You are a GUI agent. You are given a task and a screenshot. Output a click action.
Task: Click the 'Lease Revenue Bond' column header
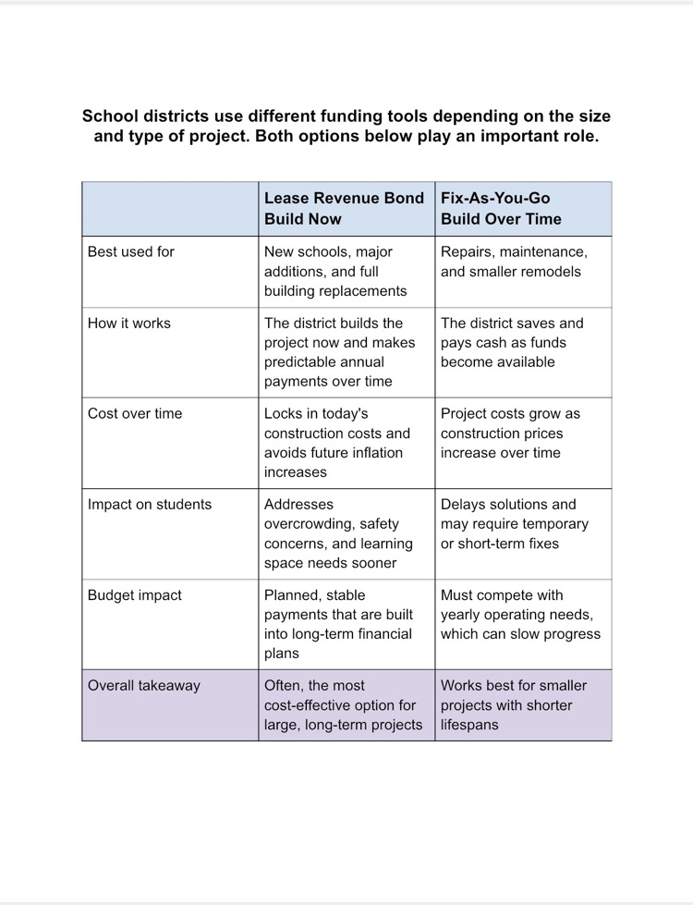pos(344,208)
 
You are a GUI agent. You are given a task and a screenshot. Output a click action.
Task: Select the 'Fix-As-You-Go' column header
pos(501,208)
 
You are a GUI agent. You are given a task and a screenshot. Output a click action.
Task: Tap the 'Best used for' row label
pos(130,251)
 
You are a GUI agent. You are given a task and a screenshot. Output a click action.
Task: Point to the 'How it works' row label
pos(128,324)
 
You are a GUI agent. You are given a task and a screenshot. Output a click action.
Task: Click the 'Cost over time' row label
pos(135,413)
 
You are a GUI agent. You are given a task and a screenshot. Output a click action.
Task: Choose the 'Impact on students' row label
pos(149,505)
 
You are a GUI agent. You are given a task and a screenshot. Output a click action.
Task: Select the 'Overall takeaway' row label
pos(143,686)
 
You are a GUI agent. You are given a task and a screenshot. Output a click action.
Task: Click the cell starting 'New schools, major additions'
pos(335,272)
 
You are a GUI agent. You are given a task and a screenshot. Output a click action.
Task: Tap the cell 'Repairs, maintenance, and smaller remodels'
pos(514,262)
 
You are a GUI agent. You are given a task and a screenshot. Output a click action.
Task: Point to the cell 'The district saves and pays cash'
pos(512,343)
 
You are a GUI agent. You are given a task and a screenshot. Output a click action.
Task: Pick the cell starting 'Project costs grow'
pos(510,433)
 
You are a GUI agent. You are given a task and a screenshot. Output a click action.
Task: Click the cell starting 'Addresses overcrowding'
pos(330,533)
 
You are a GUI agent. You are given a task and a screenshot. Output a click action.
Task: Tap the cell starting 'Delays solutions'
pos(514,524)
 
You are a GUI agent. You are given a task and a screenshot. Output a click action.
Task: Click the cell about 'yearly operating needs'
pos(520,615)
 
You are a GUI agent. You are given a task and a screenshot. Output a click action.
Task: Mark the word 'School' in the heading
pos(106,116)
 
